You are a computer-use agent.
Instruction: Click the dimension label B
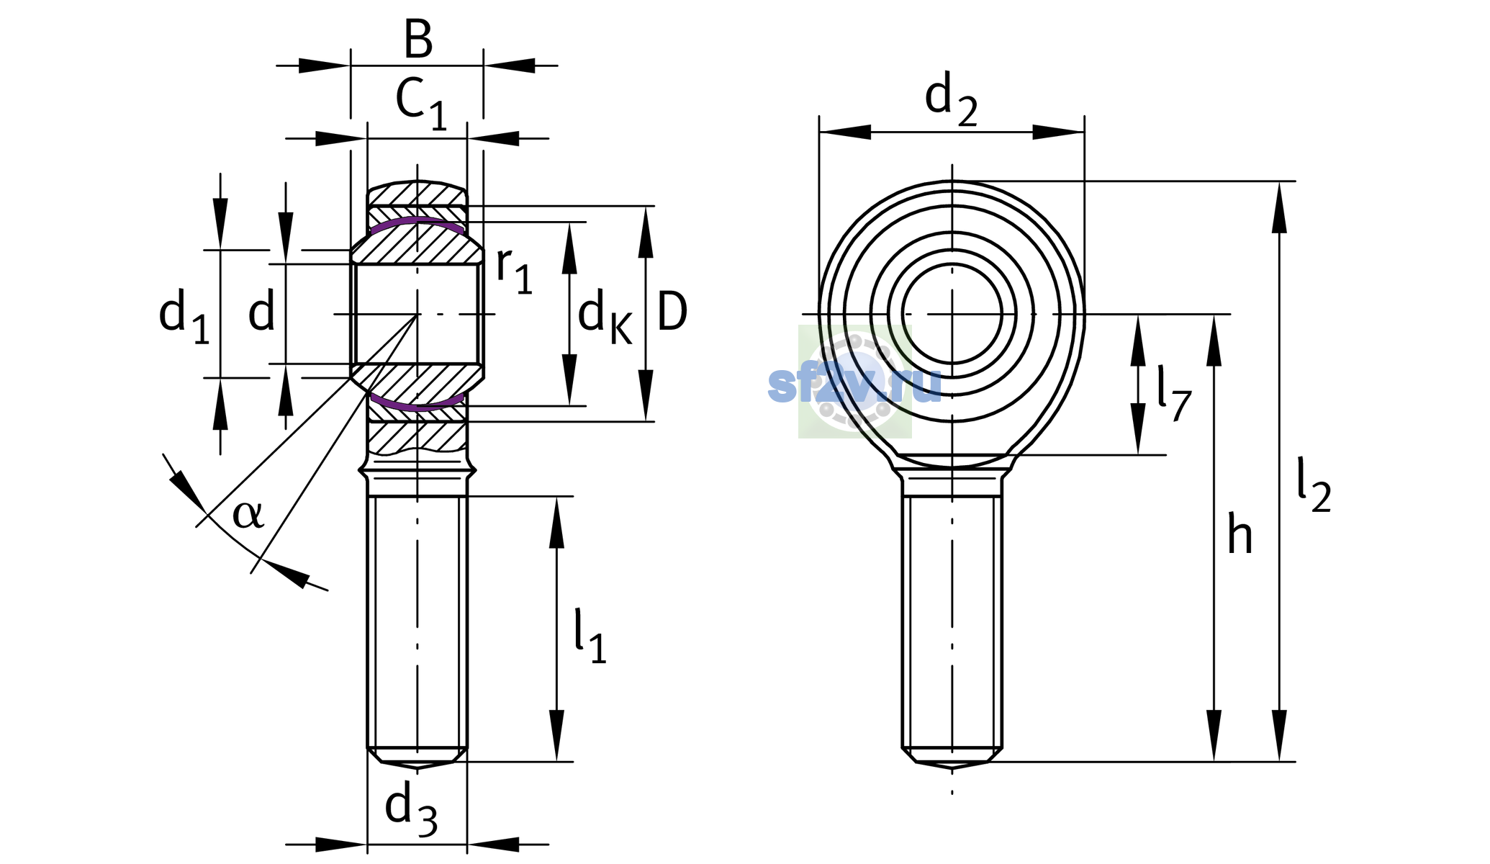(418, 40)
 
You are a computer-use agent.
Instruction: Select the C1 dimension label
(422, 104)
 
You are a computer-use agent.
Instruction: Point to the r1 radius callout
(514, 270)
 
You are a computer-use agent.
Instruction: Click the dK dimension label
(605, 318)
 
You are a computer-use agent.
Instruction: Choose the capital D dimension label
(672, 312)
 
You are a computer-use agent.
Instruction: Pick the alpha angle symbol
(248, 514)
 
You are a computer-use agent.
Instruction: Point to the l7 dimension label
(1174, 393)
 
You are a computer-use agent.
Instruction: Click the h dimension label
(1240, 534)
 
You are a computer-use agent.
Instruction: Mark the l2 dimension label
(1314, 485)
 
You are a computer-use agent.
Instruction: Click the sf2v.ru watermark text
(854, 384)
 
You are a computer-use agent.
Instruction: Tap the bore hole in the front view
(952, 314)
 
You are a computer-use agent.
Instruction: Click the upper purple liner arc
(417, 224)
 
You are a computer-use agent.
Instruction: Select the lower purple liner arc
(417, 402)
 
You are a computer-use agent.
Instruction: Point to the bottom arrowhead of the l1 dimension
(556, 735)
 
